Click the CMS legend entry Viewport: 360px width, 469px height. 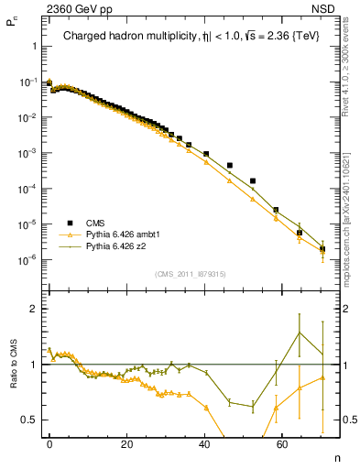tap(95, 222)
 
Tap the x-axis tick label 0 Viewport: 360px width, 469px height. tap(49, 444)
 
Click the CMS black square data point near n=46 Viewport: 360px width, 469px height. tap(229, 166)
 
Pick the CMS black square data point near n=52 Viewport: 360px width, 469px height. tap(253, 181)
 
